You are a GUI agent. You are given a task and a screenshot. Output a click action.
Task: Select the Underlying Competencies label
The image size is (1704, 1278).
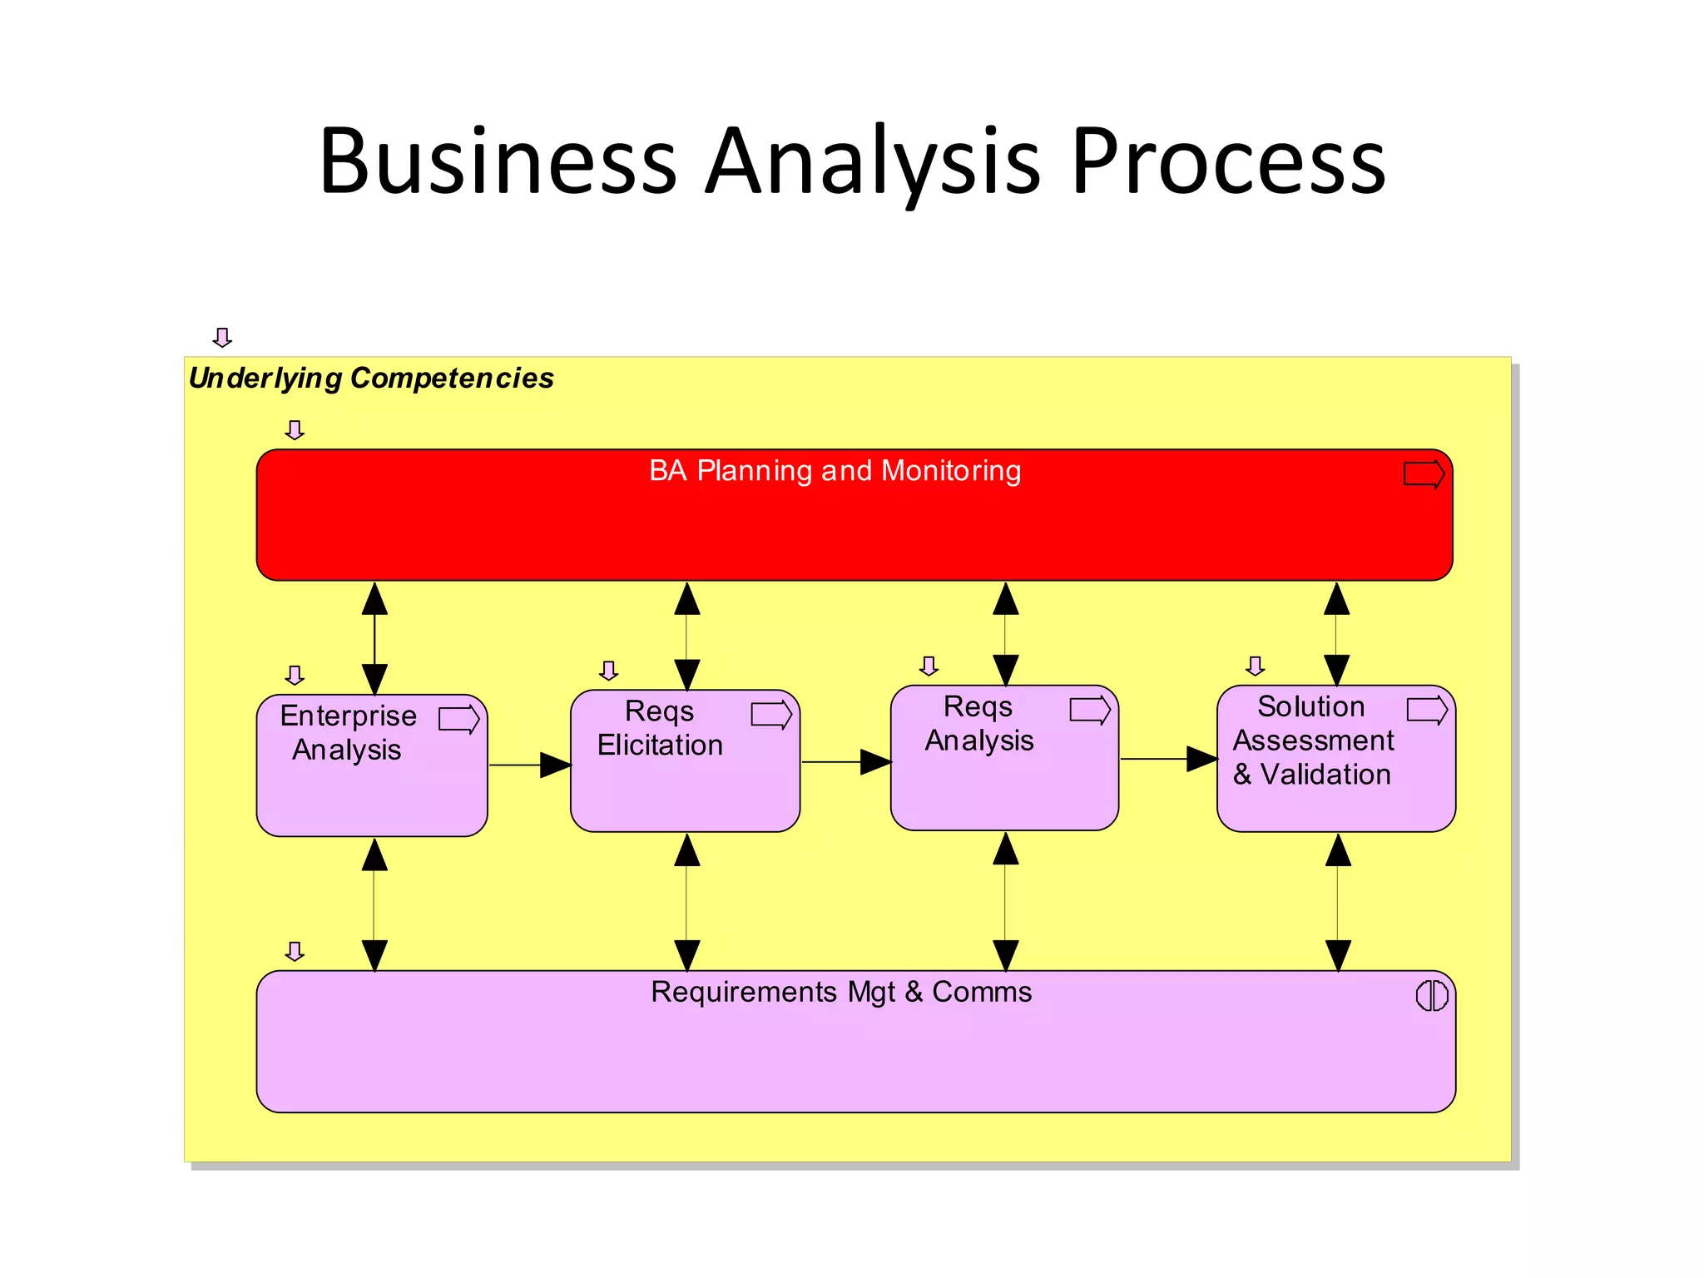(x=371, y=379)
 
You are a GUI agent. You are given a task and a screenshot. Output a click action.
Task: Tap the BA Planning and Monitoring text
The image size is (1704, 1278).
(x=835, y=471)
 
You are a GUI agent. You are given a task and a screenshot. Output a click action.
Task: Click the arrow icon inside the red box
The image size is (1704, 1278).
(x=1424, y=474)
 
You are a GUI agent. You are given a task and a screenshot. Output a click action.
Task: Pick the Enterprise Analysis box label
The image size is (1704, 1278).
(x=348, y=732)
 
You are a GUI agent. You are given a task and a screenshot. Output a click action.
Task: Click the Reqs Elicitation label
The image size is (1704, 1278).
(x=660, y=728)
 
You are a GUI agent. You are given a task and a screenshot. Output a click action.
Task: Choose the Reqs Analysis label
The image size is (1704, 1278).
(x=979, y=723)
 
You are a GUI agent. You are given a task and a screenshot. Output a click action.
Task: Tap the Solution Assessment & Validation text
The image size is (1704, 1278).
(x=1312, y=741)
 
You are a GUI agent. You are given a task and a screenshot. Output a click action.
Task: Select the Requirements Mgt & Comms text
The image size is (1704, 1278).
(x=841, y=992)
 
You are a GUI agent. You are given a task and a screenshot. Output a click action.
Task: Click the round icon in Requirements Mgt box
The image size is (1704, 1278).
(x=1432, y=995)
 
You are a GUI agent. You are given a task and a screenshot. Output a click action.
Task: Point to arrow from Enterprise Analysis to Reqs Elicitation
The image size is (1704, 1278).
(x=530, y=765)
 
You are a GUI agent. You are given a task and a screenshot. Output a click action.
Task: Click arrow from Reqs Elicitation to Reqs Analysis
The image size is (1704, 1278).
(x=846, y=761)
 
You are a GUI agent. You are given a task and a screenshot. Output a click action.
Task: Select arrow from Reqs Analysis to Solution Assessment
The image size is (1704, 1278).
(x=1168, y=759)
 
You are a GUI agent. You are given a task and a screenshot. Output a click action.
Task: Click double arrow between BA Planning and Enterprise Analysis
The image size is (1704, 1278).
(x=374, y=638)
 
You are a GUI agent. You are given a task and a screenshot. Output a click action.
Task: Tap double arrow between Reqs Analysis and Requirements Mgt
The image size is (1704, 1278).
(x=1006, y=902)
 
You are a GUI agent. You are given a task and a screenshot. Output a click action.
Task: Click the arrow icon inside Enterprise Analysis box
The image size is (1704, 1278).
(x=459, y=719)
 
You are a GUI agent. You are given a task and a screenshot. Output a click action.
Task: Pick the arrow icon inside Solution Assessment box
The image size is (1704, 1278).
(x=1427, y=711)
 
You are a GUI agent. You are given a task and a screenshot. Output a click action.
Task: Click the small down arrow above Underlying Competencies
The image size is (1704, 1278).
(x=222, y=337)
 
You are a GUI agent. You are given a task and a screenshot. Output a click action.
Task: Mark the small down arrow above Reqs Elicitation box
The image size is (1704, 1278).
(x=609, y=671)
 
